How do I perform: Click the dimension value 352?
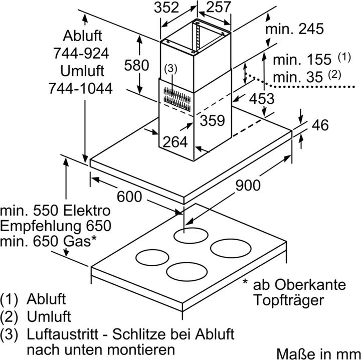pos(166,8)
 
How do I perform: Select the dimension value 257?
pos(218,7)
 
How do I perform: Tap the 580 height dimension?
pos(136,65)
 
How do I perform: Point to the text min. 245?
pos(294,29)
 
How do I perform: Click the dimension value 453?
pos(262,99)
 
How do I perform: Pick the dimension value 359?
pos(212,120)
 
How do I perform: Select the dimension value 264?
pos(175,142)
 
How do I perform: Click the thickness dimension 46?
pos(320,125)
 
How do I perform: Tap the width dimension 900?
pos(248,186)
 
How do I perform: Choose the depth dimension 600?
pos(129,197)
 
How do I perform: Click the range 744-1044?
pos(81,88)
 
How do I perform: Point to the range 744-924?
pos(81,53)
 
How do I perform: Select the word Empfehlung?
pos(41,226)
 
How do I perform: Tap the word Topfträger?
pos(289,300)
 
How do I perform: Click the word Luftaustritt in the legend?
pos(63,334)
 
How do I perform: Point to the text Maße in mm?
pos(318,353)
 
